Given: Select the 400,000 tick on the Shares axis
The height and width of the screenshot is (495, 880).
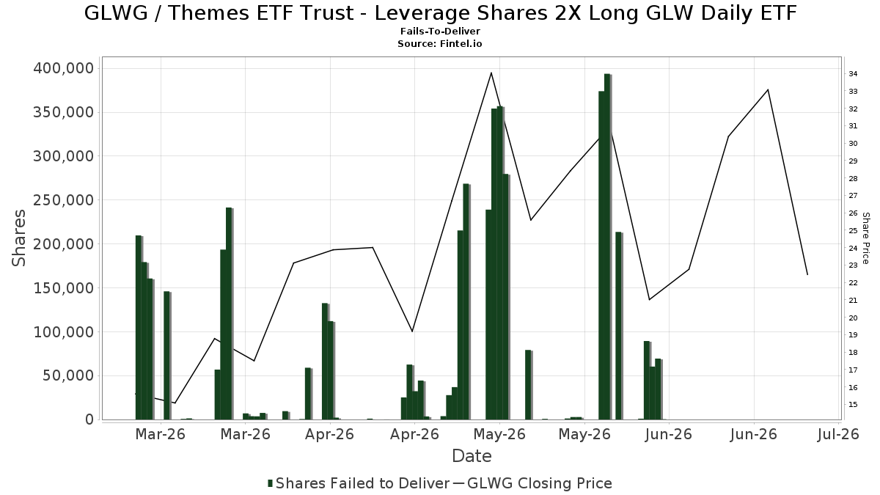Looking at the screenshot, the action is point(64,69).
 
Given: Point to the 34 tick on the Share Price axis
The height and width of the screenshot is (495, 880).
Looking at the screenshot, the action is point(853,74).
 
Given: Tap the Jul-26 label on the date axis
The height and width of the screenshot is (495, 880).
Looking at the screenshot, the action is point(838,434).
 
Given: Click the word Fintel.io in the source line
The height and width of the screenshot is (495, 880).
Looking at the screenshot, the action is point(461,43).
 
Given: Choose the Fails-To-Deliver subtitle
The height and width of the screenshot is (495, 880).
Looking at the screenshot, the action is point(440,31).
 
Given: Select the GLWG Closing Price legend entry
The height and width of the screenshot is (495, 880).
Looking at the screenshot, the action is point(533,483).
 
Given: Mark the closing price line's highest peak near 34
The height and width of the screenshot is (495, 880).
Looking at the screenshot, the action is point(491,73).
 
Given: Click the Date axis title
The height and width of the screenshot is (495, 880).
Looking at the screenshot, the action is point(472,456).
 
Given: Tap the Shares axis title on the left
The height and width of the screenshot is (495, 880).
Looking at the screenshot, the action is point(18,238).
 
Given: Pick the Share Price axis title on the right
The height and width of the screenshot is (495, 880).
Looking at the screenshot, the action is point(865,238).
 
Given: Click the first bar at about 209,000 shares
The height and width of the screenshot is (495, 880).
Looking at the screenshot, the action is point(139,328).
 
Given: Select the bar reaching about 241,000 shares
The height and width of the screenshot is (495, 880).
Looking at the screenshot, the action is point(230,314).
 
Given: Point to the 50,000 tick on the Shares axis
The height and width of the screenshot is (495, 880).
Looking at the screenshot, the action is point(69,376).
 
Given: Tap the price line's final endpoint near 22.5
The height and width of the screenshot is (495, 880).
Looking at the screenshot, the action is point(807,274).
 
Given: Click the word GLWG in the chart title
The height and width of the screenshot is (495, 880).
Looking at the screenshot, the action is point(116,13).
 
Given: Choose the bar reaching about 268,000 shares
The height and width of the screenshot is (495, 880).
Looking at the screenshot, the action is point(466,301).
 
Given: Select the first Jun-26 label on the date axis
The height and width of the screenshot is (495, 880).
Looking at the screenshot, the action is point(669,434).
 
